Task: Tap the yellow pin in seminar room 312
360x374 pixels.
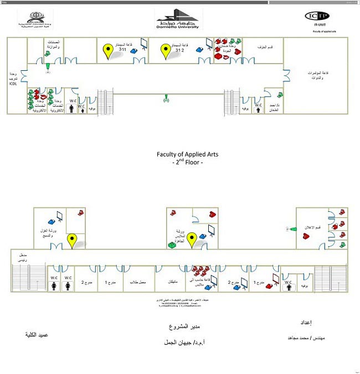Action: coord(165,51)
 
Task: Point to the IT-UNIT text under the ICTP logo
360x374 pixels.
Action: coord(317,25)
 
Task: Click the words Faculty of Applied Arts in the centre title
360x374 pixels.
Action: coord(180,155)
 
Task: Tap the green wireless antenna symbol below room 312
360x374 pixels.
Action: coord(166,100)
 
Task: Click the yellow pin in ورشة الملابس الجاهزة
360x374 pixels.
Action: coord(192,240)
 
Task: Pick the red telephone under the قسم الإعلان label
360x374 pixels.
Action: coord(305,236)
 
